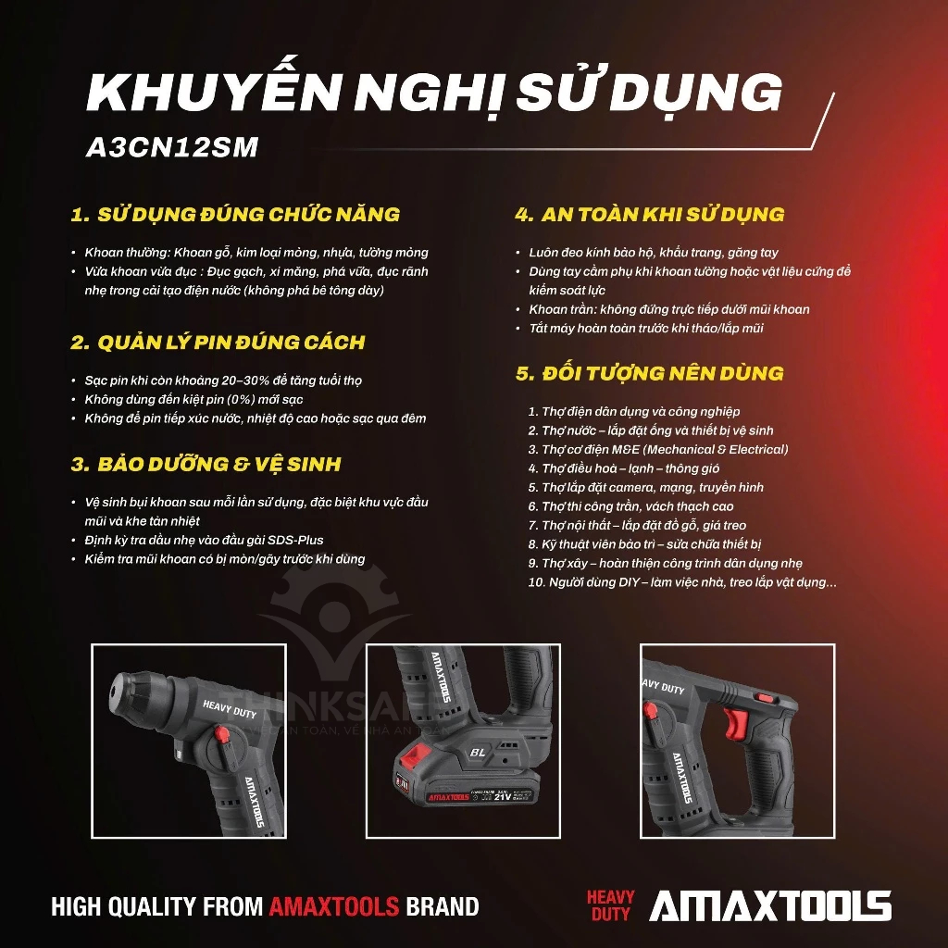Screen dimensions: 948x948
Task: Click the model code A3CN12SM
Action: [x=171, y=148]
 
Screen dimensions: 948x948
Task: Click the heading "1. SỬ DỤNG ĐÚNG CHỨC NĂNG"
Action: [x=235, y=215]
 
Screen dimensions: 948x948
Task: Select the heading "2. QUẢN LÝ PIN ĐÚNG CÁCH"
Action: [x=218, y=343]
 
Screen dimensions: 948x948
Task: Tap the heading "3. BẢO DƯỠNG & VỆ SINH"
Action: [x=206, y=465]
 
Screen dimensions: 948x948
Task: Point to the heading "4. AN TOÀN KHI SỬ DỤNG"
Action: [x=649, y=215]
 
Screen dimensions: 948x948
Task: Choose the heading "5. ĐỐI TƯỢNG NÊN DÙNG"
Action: [x=649, y=374]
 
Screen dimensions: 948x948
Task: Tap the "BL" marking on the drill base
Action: [x=478, y=753]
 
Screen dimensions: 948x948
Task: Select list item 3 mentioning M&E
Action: [x=658, y=449]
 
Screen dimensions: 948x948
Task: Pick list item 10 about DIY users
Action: [x=681, y=582]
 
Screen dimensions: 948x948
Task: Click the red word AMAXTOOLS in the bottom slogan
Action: [x=333, y=906]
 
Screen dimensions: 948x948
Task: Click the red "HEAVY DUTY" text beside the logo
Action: [x=611, y=906]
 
